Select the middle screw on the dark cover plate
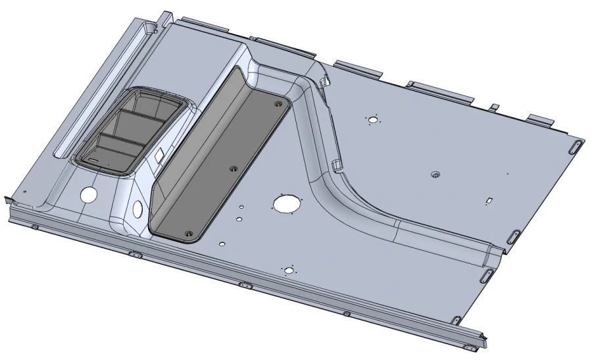click(x=232, y=168)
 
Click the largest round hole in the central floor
click(x=285, y=204)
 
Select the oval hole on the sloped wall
click(x=137, y=209)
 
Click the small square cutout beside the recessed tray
click(x=159, y=156)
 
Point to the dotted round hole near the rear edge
click(x=373, y=120)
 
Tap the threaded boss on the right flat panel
click(x=435, y=175)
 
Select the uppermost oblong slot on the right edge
click(x=576, y=146)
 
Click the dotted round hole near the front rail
click(x=287, y=270)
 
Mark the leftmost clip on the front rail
click(x=34, y=227)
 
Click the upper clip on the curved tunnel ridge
click(x=324, y=82)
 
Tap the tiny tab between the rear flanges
click(x=493, y=107)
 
